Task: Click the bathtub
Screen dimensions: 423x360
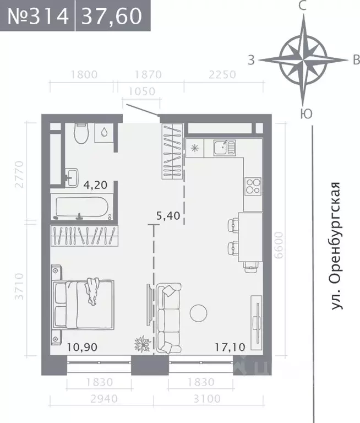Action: coord(82,208)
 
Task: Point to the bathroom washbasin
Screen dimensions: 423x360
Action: coord(72,175)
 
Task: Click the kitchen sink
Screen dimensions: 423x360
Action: coord(224,147)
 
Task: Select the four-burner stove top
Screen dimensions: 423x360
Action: coord(253,186)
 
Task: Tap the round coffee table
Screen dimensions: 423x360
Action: coord(199,313)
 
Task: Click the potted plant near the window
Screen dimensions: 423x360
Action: coord(143,344)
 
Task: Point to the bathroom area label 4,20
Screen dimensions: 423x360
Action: coord(95,185)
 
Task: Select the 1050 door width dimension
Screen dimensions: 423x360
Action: coord(141,92)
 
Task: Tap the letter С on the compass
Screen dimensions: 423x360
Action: coord(302,7)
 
